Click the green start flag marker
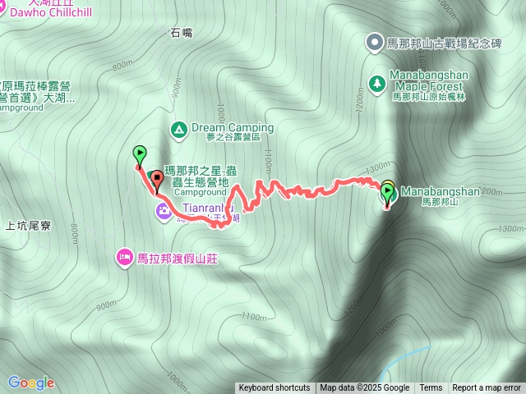point(140,153)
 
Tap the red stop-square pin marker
point(157,178)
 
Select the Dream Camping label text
point(233,128)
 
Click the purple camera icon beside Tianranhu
point(164,213)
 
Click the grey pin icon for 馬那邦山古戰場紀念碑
point(375,41)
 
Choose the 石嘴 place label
point(182,33)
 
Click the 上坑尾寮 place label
point(28,224)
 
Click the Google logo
point(30,383)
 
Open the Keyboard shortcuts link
point(275,388)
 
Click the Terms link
point(431,388)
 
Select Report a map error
point(487,388)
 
